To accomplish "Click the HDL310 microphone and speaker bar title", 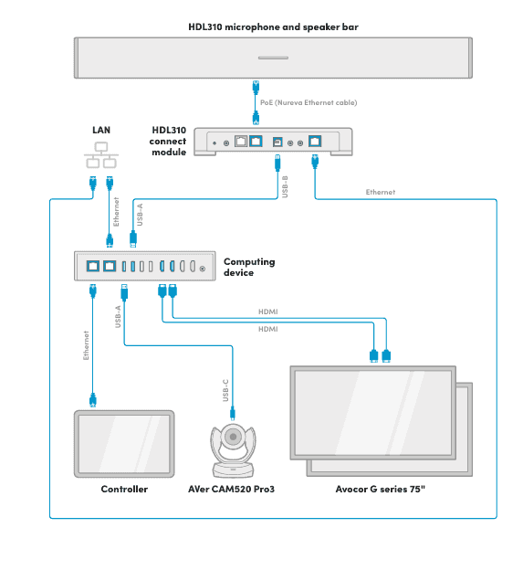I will point(273,27).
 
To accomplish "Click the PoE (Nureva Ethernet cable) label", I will point(309,102).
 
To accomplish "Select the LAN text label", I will point(101,130).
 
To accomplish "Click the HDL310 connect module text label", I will point(169,141).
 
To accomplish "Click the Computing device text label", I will point(249,267).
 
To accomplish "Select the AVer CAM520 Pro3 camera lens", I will point(232,438).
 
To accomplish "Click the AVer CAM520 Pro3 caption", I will point(232,490).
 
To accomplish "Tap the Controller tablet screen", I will point(123,443).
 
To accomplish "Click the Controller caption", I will point(124,490).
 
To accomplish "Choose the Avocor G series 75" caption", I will point(381,490).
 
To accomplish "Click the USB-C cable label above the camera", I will point(225,389).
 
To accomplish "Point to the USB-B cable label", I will point(285,187).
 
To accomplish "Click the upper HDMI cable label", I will point(268,311).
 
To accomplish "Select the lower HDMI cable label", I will point(268,329).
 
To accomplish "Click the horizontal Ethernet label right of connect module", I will point(381,193).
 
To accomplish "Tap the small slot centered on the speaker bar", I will point(273,58).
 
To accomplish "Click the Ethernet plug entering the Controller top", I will point(92,400).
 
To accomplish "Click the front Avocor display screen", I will point(371,412).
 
